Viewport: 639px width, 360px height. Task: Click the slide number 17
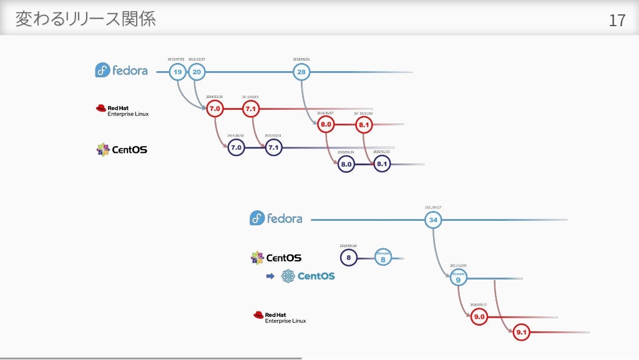pyautogui.click(x=617, y=21)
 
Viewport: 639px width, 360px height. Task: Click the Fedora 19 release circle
pyautogui.click(x=178, y=72)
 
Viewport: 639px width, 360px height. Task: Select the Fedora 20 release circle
pyautogui.click(x=197, y=72)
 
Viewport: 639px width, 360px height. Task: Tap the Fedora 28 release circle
pyautogui.click(x=301, y=72)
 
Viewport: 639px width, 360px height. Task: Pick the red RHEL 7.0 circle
pyautogui.click(x=215, y=109)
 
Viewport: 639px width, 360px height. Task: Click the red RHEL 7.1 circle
pyautogui.click(x=251, y=109)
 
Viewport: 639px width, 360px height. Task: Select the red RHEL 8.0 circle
pyautogui.click(x=326, y=125)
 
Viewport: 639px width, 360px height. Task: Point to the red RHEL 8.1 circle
pyautogui.click(x=364, y=125)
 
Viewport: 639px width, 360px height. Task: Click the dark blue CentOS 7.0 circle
pyautogui.click(x=236, y=148)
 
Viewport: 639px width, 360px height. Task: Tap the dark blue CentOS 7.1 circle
pyautogui.click(x=273, y=148)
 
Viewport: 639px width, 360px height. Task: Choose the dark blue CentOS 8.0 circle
pyautogui.click(x=346, y=164)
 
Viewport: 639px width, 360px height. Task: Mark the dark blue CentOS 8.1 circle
pyautogui.click(x=382, y=164)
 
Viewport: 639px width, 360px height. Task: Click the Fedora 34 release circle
pyautogui.click(x=433, y=220)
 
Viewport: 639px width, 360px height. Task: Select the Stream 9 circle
pyautogui.click(x=458, y=278)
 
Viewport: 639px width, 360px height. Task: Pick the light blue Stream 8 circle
pyautogui.click(x=383, y=257)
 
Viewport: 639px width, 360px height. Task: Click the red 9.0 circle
pyautogui.click(x=479, y=318)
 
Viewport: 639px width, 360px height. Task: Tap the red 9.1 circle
pyautogui.click(x=522, y=333)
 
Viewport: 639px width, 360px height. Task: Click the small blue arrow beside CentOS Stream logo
pyautogui.click(x=270, y=276)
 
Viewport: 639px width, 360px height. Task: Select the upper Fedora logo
pyautogui.click(x=122, y=71)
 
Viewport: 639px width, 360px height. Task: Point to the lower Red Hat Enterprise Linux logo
pyautogui.click(x=280, y=317)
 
